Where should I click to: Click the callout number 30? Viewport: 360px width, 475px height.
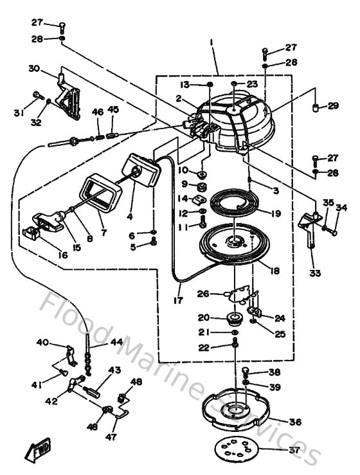(x=34, y=68)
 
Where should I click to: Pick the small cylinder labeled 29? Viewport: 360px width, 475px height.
(x=316, y=106)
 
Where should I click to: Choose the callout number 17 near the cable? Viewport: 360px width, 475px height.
(x=178, y=300)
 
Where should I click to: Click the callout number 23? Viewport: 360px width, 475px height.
(x=251, y=84)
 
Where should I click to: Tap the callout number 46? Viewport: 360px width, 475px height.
(x=98, y=112)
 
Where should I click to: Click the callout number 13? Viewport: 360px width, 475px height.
(x=184, y=85)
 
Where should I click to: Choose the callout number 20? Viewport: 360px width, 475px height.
(x=204, y=317)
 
